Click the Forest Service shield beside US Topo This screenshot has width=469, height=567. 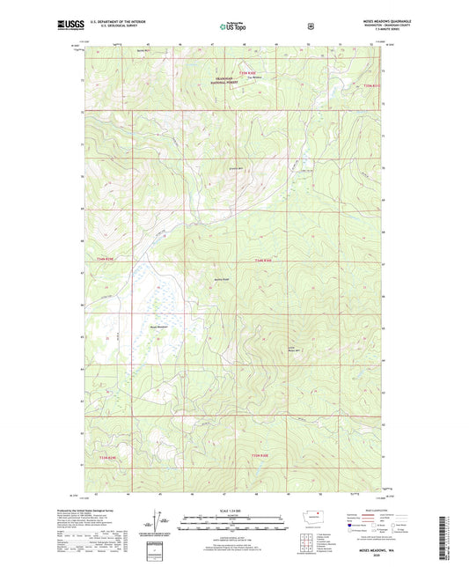311,26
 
